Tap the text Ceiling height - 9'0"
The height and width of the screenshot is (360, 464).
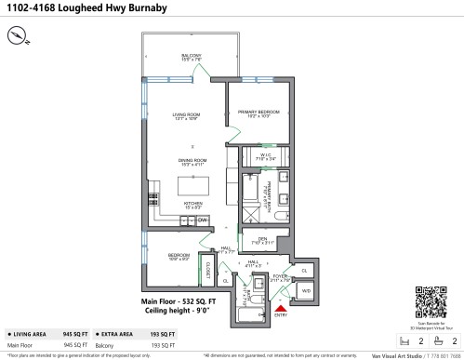176,310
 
